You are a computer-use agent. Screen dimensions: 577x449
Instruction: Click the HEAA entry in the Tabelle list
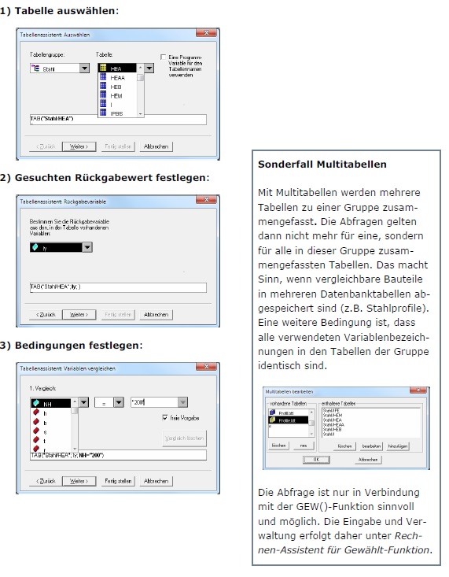[117, 78]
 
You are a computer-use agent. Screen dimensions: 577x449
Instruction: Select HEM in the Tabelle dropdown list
[116, 95]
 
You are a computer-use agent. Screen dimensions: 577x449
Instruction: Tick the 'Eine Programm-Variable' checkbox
[162, 57]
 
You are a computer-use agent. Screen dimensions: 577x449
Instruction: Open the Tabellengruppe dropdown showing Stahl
[84, 69]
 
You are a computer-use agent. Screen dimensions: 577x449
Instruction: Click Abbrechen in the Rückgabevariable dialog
[157, 315]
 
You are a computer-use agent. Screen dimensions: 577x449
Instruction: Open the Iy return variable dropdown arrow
[86, 247]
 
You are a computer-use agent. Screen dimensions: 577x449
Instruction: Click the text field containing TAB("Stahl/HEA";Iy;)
[116, 288]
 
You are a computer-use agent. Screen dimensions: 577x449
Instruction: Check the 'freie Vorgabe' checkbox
[164, 417]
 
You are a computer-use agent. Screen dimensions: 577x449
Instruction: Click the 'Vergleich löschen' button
[184, 438]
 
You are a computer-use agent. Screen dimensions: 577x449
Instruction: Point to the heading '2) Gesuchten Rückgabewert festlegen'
[104, 177]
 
